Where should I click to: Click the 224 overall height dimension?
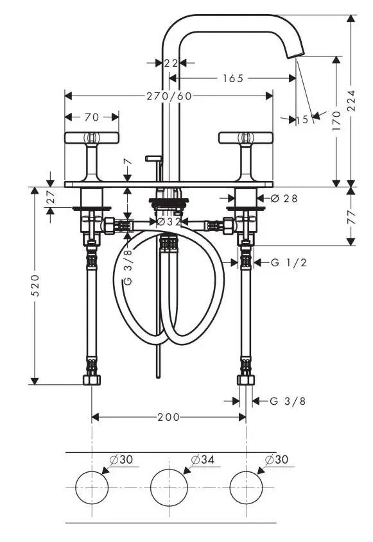(352, 100)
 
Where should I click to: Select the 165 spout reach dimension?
(233, 78)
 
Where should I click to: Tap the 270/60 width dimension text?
(169, 96)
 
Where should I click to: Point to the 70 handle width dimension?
(92, 117)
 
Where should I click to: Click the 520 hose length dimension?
(35, 285)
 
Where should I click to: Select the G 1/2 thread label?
(289, 263)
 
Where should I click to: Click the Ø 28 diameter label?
(284, 198)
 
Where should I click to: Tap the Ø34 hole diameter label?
(203, 459)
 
